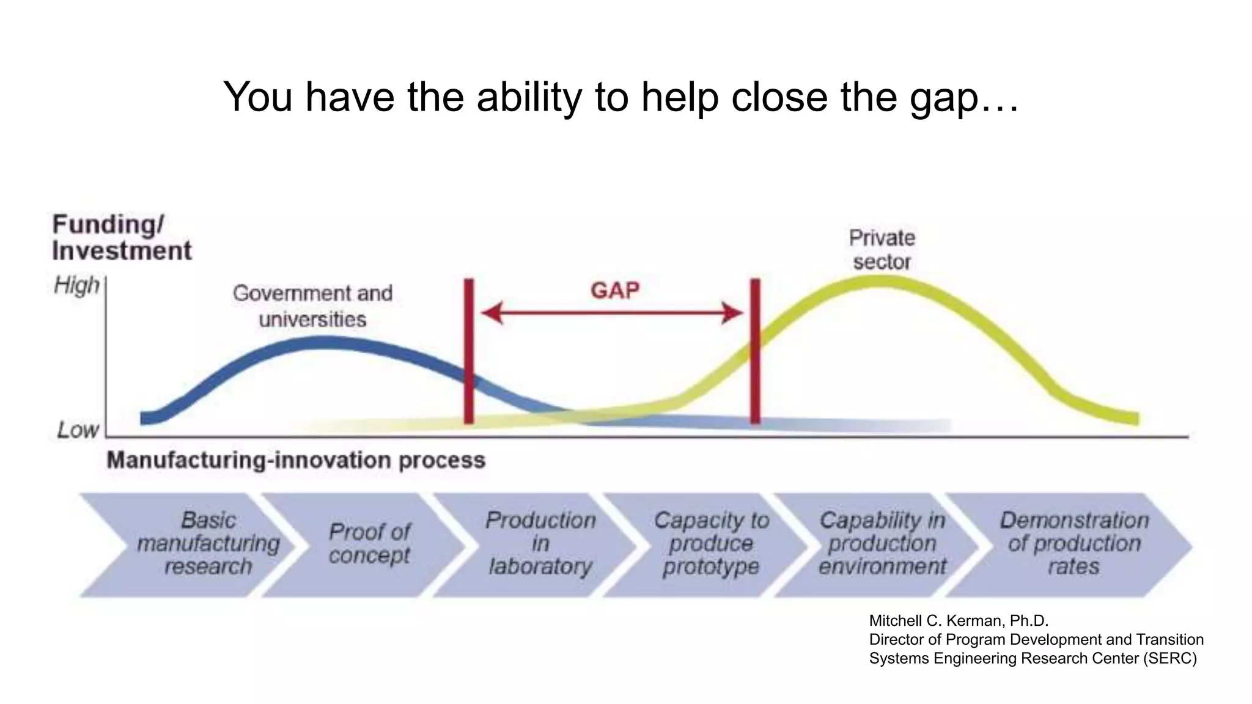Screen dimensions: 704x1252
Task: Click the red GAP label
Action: tap(614, 290)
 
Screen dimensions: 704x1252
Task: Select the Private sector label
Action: tap(882, 249)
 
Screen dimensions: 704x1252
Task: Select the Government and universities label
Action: tap(312, 306)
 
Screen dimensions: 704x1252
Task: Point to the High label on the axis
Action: tap(76, 285)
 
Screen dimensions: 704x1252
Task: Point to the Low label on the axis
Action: tap(78, 430)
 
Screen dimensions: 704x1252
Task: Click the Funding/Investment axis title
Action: tap(121, 238)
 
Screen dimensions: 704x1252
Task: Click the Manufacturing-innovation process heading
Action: tap(296, 460)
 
